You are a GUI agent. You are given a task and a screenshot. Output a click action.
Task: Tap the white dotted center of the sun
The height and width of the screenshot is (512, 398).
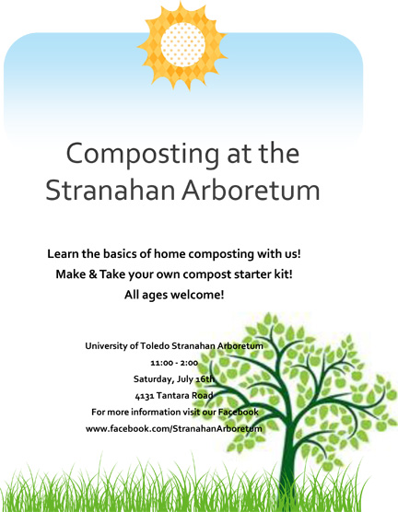(x=183, y=44)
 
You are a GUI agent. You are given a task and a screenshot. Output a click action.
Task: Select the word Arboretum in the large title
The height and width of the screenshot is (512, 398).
(x=251, y=190)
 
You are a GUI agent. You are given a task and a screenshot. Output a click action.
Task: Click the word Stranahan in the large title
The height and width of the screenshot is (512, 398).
(x=111, y=190)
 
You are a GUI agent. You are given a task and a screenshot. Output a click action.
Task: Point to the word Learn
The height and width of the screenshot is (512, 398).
(x=63, y=254)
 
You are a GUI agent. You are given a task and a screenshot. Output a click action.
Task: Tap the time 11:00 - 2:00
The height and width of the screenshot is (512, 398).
(x=174, y=363)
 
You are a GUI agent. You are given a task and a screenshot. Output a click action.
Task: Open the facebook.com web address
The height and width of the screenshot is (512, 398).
(x=174, y=429)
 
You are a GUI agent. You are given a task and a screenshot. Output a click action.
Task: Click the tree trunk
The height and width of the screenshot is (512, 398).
(x=287, y=464)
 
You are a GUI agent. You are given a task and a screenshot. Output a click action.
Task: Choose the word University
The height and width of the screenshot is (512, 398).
(x=107, y=346)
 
